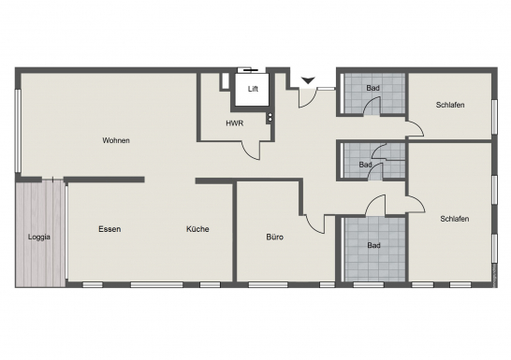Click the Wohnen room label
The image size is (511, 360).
coord(116,140)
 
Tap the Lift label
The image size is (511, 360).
coord(253,89)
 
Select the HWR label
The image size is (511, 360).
coord(235,123)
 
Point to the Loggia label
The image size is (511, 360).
coord(39,237)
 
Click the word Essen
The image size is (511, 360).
coord(109,229)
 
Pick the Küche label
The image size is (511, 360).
coord(197,229)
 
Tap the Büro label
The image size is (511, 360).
coord(275,237)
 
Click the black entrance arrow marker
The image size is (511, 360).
coord(308,80)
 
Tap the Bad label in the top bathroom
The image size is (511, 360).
coord(372,88)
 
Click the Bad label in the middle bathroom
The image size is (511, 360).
coord(365,165)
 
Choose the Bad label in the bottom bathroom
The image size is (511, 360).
coord(373,245)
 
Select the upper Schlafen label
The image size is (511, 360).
coord(450,105)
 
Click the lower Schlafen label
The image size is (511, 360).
coord(455,219)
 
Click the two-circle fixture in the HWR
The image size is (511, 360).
coord(270,117)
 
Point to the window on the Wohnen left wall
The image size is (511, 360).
coord(19,131)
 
